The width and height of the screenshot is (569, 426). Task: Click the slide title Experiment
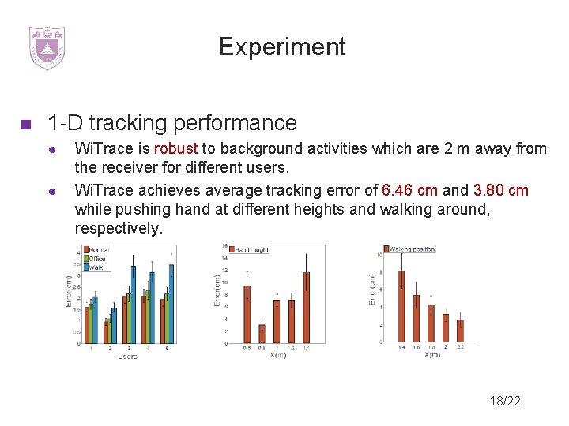282,47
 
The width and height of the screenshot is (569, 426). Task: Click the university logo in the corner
47,47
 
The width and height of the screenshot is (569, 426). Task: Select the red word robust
176,148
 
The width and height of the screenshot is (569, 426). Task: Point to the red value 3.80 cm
501,190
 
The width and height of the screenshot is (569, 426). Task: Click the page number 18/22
504,401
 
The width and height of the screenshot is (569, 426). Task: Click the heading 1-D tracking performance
171,123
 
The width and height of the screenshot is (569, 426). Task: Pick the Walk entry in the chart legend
95,267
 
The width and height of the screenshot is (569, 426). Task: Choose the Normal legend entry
98,251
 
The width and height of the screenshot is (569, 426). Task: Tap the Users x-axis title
127,357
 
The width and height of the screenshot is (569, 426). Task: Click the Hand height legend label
252,250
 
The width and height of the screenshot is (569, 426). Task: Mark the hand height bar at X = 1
277,321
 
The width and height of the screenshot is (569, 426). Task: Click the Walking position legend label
411,249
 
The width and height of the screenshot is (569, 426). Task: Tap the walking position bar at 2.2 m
460,331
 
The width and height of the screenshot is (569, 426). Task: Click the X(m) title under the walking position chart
431,355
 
